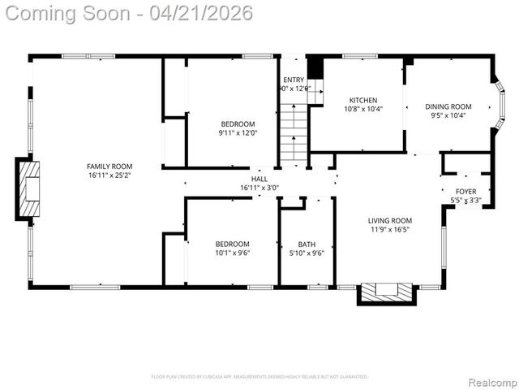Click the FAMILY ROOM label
(109, 167)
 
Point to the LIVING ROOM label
(390, 220)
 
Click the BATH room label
(307, 244)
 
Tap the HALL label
(259, 179)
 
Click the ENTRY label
(294, 80)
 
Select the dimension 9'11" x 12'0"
(238, 133)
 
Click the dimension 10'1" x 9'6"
(233, 253)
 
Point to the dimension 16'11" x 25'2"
(109, 175)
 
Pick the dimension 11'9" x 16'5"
(390, 230)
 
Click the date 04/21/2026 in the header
(208, 13)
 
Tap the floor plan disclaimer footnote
(259, 376)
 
